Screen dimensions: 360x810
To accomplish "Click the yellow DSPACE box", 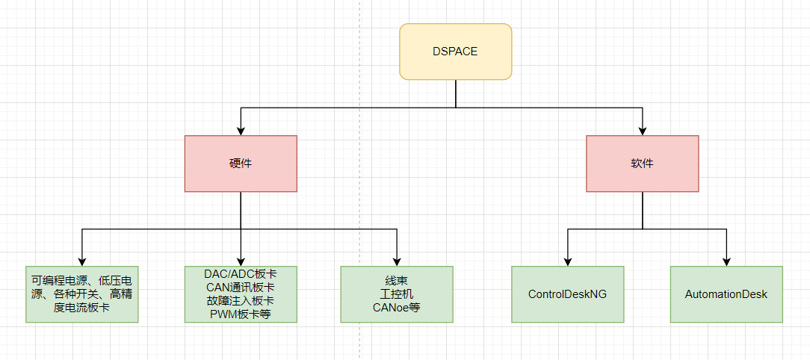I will (x=455, y=52).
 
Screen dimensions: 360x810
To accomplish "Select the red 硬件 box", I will (x=241, y=164).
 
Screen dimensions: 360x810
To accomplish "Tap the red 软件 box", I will (x=642, y=164).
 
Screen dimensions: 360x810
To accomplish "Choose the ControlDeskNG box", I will (x=567, y=294).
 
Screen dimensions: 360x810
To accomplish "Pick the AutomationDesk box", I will (x=726, y=294).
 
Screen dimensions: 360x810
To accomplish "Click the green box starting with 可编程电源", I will (x=82, y=294).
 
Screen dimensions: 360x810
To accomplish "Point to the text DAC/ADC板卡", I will (x=241, y=274).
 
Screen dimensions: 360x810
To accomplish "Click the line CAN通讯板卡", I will (x=241, y=288).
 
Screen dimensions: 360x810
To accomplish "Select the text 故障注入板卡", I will (x=241, y=301).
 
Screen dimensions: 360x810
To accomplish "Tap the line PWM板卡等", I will (x=241, y=314).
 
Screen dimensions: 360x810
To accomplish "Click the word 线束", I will (x=397, y=281).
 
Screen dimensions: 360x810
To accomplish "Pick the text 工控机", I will (x=397, y=294).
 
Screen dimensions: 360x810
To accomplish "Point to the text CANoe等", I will (x=397, y=307).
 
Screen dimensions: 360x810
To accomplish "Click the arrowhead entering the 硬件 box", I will (x=241, y=131).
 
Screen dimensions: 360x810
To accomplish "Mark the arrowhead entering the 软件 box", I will (x=642, y=131).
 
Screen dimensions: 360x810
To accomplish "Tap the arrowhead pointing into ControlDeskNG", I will (x=567, y=261).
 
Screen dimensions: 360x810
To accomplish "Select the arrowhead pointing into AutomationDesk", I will (x=726, y=261).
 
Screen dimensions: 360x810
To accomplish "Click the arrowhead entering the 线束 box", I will (x=397, y=261).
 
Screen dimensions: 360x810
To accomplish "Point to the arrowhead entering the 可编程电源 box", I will (x=82, y=261).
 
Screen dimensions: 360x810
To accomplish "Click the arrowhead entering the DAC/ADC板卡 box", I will (x=241, y=261).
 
